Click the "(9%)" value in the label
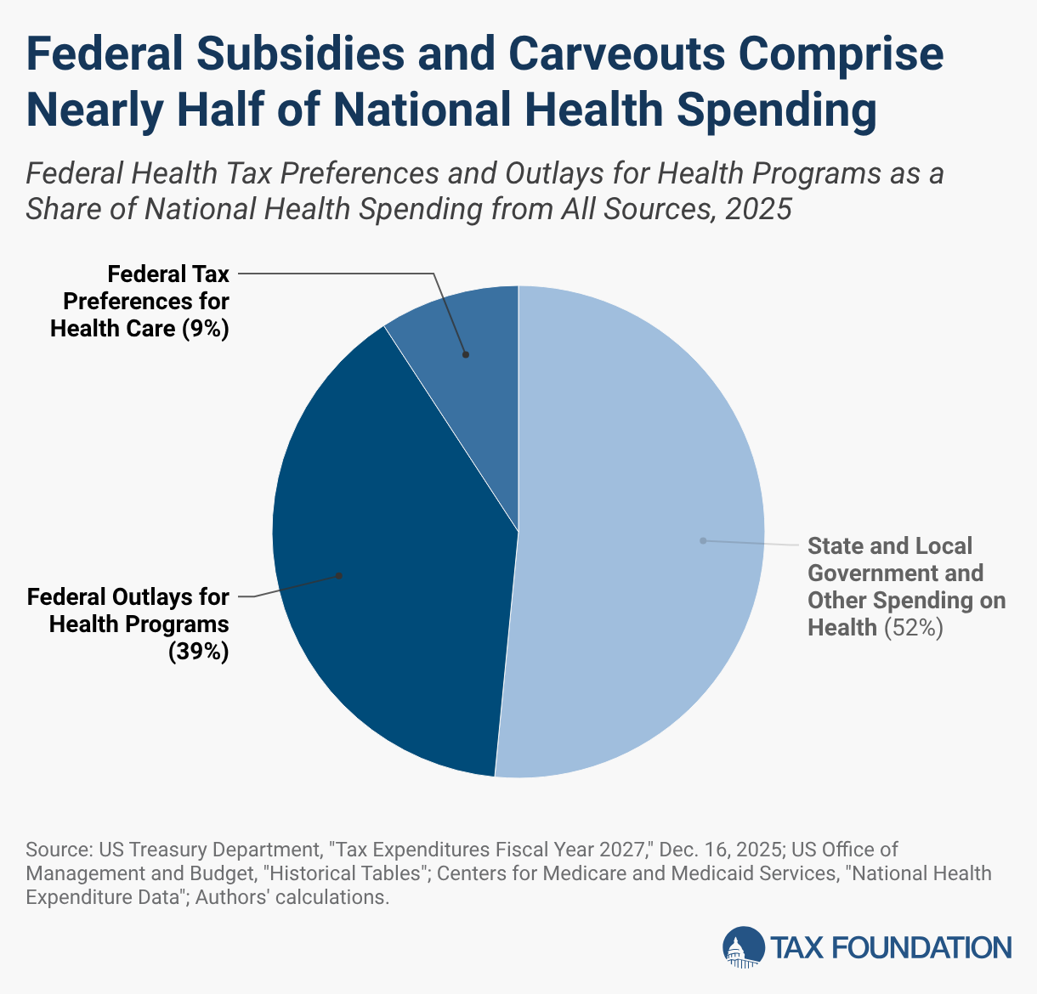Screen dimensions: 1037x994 (205, 329)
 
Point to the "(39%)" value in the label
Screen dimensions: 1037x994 (198, 652)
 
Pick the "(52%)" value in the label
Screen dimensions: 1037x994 (914, 628)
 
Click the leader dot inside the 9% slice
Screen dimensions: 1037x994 (466, 355)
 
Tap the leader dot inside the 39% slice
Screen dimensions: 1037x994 (339, 576)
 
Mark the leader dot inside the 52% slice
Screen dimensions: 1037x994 (704, 540)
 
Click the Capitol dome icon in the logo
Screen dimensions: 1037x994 (744, 947)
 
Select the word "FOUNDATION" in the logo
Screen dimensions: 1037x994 (921, 948)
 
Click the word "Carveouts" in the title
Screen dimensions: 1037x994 (616, 54)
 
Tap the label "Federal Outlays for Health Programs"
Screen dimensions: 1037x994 (127, 611)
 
